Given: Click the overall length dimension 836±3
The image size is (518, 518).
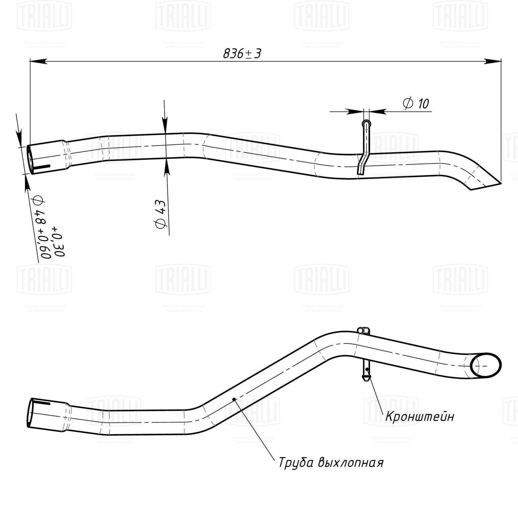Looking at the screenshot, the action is (x=242, y=54).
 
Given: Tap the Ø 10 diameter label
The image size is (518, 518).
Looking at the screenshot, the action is (x=416, y=104).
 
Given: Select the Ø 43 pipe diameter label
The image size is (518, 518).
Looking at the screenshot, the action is (x=161, y=214).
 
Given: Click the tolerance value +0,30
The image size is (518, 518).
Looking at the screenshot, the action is (x=58, y=241).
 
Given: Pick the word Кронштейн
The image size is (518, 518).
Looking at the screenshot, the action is (x=420, y=416).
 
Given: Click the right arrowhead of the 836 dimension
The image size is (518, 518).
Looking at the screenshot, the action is (x=493, y=61).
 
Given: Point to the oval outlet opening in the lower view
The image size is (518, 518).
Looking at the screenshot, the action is (x=486, y=365).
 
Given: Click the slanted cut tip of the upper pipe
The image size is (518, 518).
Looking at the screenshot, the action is (x=486, y=186).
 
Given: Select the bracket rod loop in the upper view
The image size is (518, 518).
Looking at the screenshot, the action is (x=366, y=124).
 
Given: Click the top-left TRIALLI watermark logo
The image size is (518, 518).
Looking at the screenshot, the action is (x=44, y=16).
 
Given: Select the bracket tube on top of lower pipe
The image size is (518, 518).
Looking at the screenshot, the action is (x=363, y=330).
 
